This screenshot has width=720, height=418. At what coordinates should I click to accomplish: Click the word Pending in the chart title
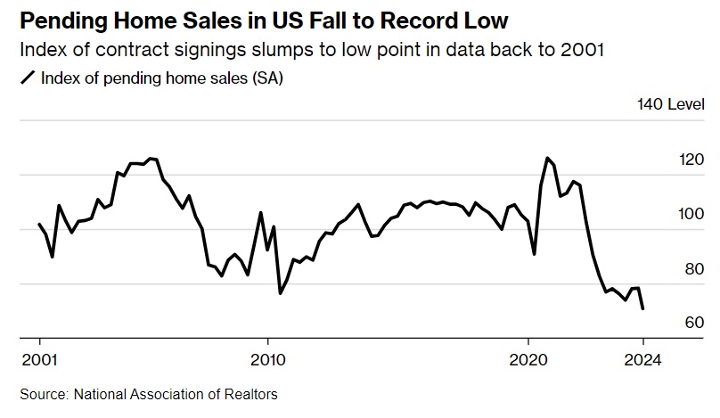click(63, 19)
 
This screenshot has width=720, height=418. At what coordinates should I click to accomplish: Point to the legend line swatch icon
click(26, 78)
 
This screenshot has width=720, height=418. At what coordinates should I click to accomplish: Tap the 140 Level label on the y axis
click(670, 105)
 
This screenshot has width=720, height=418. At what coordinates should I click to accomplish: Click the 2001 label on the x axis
click(39, 361)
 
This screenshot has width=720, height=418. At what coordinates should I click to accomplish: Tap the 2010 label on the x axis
click(266, 361)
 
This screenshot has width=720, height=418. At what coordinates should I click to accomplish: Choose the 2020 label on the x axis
click(528, 361)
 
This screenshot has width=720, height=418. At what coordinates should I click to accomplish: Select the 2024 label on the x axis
click(642, 361)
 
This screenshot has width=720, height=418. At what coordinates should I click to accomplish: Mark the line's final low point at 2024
click(642, 308)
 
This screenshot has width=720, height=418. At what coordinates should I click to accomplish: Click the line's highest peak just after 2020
click(547, 158)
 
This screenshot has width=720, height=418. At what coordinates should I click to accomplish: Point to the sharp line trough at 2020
click(535, 255)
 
